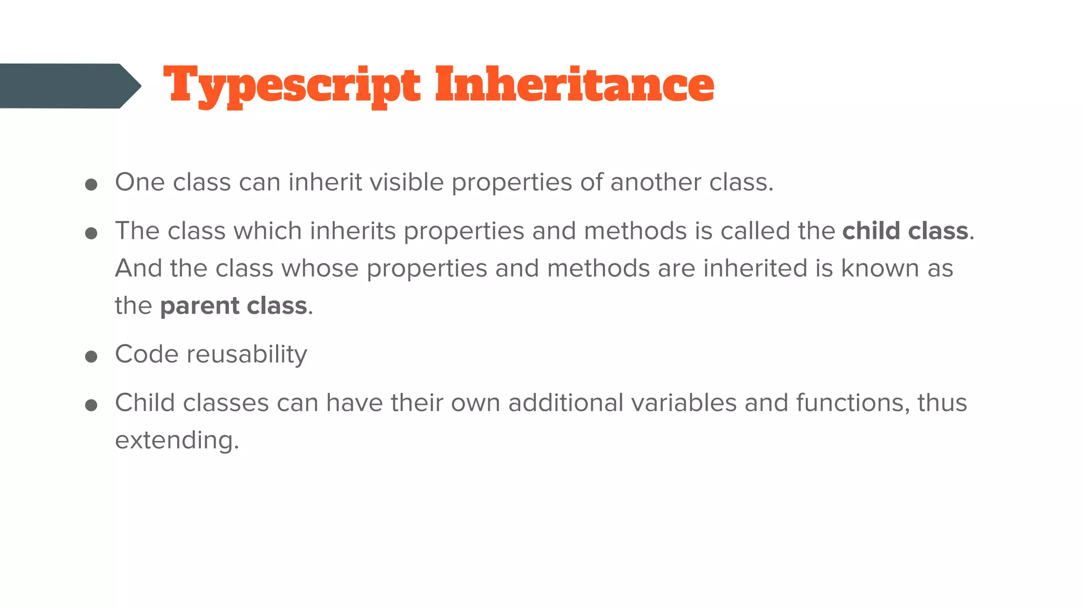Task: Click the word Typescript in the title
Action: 292,86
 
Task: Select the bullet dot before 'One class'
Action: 91,184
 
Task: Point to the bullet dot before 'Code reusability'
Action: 91,356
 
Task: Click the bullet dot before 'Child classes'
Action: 91,405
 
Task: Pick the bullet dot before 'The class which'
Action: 91,233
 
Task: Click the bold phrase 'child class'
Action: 905,231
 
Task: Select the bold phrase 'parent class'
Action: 233,306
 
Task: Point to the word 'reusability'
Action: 247,355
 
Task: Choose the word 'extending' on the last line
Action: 174,440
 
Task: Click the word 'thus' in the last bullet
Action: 942,403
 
